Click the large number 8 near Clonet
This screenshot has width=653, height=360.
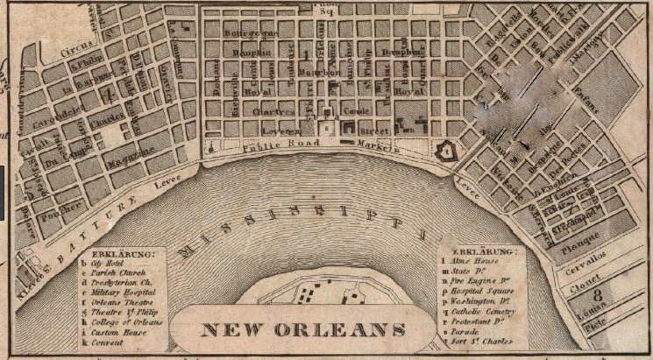coord(597,294)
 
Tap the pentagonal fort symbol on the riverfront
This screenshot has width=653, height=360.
coord(448,152)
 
